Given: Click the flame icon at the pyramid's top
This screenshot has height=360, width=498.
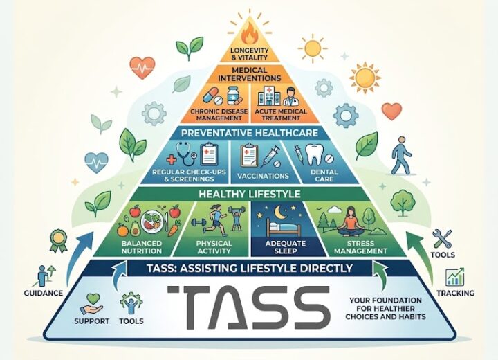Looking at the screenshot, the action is click(249, 33).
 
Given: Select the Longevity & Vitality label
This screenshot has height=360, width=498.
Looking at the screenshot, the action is click(249, 54).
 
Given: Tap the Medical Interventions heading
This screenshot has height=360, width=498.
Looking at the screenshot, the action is click(249, 74).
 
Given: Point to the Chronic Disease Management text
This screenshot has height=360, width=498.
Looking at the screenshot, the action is click(219, 115).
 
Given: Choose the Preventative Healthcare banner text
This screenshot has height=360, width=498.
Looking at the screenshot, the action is click(249, 133).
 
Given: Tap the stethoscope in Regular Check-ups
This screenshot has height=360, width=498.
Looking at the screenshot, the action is click(187, 153).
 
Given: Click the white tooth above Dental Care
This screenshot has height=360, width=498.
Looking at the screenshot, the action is click(316, 154).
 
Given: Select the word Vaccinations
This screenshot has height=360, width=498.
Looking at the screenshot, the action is click(263, 176).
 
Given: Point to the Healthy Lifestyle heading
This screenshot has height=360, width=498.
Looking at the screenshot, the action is click(249, 194).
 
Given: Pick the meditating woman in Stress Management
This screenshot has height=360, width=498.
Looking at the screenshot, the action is click(350, 222).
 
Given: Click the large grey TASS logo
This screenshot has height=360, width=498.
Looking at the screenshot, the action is click(249, 307).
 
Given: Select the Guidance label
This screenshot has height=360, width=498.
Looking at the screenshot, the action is click(44, 293).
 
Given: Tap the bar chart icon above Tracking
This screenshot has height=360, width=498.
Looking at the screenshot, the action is click(455, 276).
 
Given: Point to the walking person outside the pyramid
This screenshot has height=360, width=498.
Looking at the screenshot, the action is click(401, 155).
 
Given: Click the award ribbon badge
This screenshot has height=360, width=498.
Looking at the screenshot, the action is click(58, 240).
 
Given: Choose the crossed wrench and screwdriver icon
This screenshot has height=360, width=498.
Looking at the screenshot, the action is click(442, 239).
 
